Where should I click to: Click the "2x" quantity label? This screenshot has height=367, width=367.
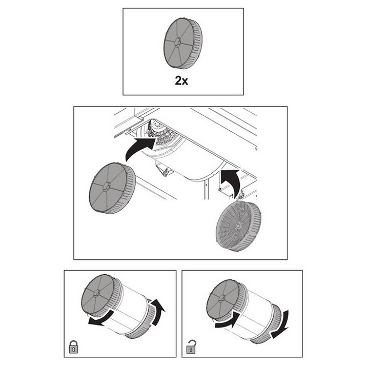(x=181, y=81)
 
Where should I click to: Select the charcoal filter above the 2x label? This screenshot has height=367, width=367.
(x=183, y=44)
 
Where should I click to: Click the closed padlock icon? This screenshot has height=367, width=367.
(x=74, y=347)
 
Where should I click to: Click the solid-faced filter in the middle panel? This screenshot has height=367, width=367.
(x=112, y=188)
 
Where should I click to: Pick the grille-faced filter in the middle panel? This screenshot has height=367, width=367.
(x=238, y=226)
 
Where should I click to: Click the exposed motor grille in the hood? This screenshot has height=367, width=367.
(x=161, y=132)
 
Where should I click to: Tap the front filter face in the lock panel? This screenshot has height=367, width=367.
(x=98, y=294)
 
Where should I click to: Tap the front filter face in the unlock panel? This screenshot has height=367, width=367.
(x=222, y=299)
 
